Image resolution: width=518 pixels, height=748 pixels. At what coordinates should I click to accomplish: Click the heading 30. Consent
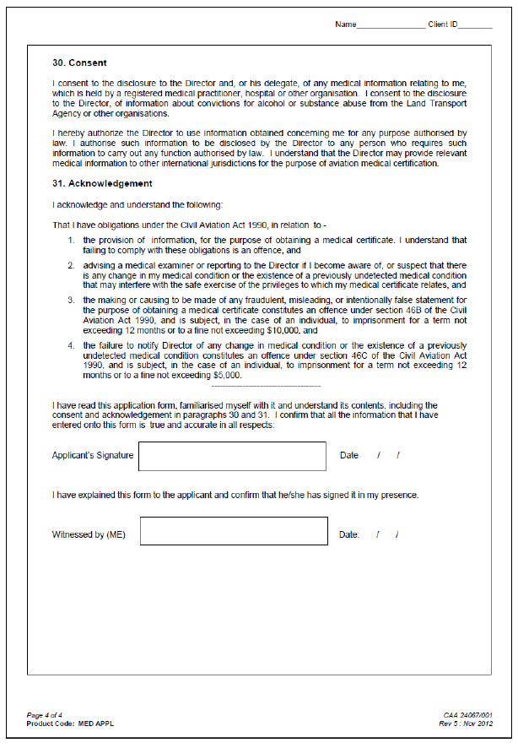tap(79, 63)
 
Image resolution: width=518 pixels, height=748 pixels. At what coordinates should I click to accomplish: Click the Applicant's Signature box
tap(232, 456)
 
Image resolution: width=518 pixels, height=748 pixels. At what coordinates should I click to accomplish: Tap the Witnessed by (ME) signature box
tap(234, 532)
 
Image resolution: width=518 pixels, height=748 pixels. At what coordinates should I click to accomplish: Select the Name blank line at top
tap(391, 25)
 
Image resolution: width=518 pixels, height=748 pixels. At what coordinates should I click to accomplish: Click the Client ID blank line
tap(475, 25)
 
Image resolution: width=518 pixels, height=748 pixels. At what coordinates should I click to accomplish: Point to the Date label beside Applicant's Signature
tap(348, 456)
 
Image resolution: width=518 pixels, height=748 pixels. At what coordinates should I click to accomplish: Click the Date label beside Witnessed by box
tap(349, 535)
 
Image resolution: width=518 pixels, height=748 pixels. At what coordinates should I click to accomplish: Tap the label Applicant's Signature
tap(93, 456)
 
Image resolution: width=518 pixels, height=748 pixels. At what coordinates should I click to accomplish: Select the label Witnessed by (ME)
tap(89, 535)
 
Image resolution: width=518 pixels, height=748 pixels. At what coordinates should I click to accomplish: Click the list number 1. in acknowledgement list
tap(72, 241)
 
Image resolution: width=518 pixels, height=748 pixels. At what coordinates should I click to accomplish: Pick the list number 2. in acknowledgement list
tap(72, 266)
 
